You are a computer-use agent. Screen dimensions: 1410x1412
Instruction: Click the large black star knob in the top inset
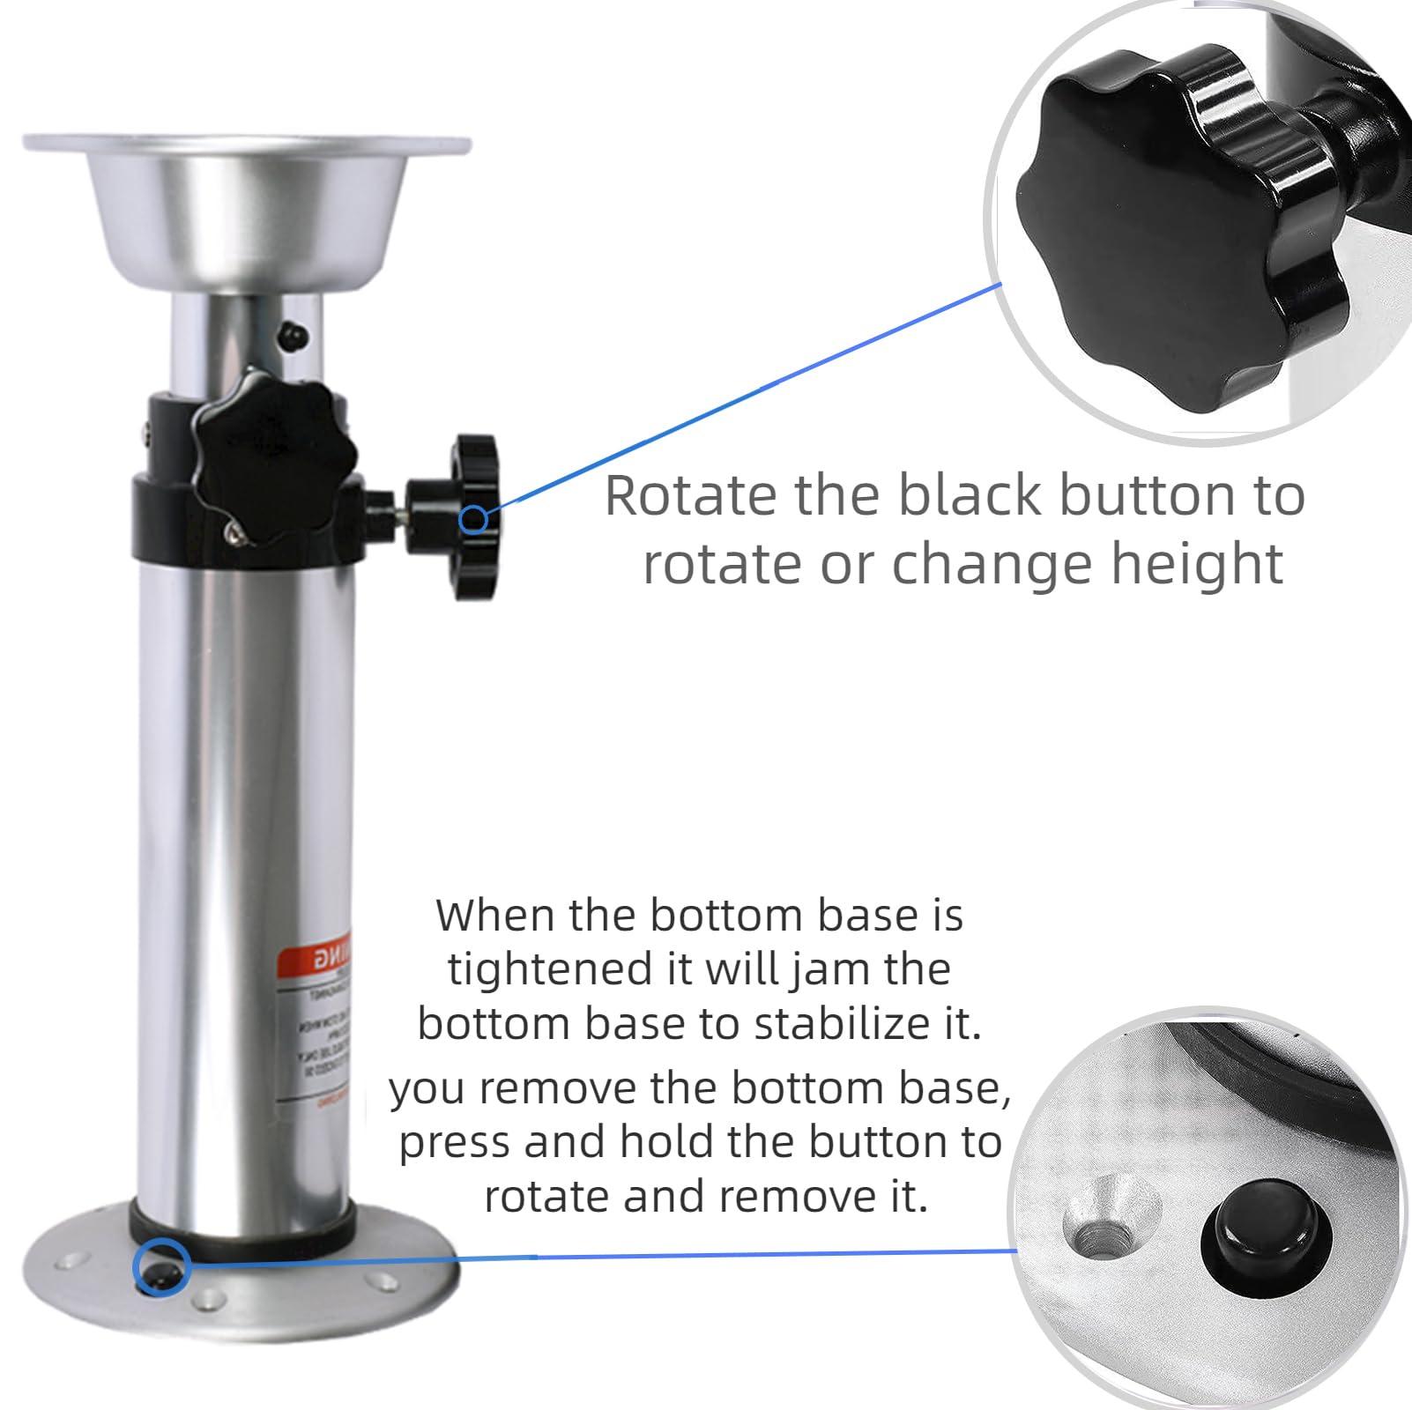[x=1146, y=238]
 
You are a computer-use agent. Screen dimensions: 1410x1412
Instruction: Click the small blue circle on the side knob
[x=473, y=520]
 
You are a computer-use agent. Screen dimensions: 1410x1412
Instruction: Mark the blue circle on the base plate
[x=159, y=1267]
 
